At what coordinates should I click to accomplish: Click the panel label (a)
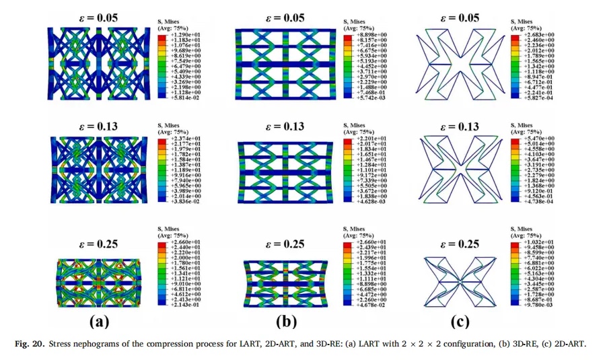click(102, 321)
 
